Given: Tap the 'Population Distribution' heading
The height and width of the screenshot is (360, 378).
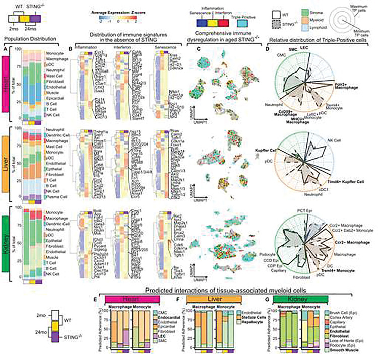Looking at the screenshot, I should [29, 39].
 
